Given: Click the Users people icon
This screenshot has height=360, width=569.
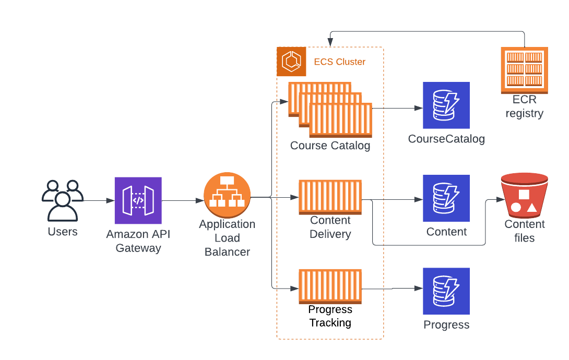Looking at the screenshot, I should [x=63, y=201].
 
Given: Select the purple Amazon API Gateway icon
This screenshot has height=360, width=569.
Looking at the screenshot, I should [x=138, y=200].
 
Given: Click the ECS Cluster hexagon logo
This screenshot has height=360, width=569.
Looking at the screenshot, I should [x=291, y=62].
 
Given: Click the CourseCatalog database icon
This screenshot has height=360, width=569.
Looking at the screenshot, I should [x=446, y=105].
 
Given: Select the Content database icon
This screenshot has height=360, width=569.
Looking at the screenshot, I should [x=446, y=198].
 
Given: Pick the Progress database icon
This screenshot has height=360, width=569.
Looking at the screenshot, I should [x=446, y=291].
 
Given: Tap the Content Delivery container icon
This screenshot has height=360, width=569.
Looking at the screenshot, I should [x=330, y=197].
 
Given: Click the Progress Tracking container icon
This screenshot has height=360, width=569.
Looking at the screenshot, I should [x=330, y=286].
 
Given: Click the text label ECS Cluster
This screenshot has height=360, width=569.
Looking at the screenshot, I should [x=339, y=62].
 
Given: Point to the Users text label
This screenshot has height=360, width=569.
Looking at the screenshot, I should [x=63, y=232].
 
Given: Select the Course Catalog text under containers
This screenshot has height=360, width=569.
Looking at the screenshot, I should [x=330, y=146].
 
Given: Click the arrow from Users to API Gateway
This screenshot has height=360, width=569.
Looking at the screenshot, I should [x=99, y=200].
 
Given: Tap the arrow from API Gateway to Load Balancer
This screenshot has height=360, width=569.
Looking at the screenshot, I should [x=183, y=200].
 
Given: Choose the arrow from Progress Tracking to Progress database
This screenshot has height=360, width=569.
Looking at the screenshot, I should [x=393, y=288].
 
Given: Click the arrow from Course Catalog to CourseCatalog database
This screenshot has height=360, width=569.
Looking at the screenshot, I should [x=397, y=109].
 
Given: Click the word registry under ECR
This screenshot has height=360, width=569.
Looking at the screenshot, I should [x=524, y=113].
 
